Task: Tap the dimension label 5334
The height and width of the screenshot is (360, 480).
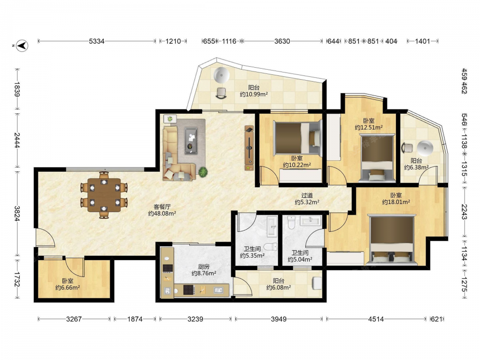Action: (x=97, y=41)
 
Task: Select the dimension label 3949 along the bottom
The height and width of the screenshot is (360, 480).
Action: (x=278, y=319)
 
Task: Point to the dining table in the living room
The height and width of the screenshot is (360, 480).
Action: (x=104, y=195)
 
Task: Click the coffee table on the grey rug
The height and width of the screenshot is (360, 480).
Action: (x=191, y=141)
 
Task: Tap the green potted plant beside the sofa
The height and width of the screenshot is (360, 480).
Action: (x=203, y=172)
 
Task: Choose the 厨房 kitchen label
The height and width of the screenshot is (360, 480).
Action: (x=204, y=266)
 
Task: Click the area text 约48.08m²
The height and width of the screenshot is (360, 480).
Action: (x=162, y=214)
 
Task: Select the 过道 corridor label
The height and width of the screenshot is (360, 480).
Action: (x=307, y=195)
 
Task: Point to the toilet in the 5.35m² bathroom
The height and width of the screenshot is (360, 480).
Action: (x=270, y=246)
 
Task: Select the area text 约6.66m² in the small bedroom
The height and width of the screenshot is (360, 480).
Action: (x=68, y=288)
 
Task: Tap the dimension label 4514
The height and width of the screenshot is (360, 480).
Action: (x=376, y=319)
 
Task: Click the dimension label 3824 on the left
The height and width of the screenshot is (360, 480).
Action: (x=17, y=214)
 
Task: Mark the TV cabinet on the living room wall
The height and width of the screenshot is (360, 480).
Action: (x=249, y=148)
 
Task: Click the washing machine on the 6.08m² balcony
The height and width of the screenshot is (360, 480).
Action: (x=317, y=284)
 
